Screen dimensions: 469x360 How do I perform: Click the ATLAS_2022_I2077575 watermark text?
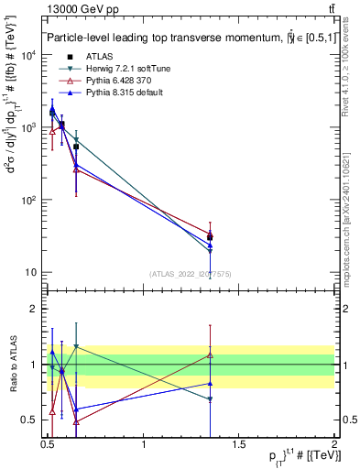coord(190,274)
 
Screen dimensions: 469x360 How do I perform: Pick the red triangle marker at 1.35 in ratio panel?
coord(211,354)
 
